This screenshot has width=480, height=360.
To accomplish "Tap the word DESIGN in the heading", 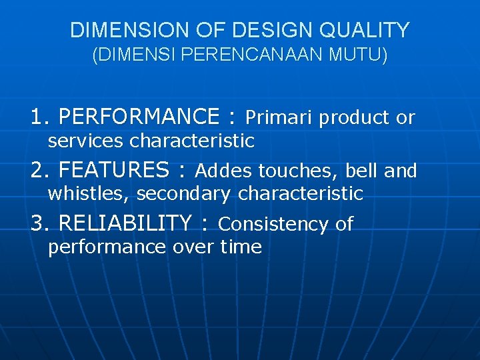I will tap(254, 30).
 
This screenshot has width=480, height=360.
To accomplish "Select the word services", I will tap(86, 141).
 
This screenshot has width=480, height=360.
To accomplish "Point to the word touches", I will tap(298, 171).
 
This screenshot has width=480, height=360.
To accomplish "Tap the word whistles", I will tap(89, 194).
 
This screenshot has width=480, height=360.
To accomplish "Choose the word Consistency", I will tap(275, 224).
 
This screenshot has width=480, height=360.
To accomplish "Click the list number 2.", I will tap(37, 170).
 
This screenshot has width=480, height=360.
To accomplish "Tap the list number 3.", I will tap(37, 223).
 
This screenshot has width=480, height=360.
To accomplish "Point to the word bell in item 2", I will tap(363, 171).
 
